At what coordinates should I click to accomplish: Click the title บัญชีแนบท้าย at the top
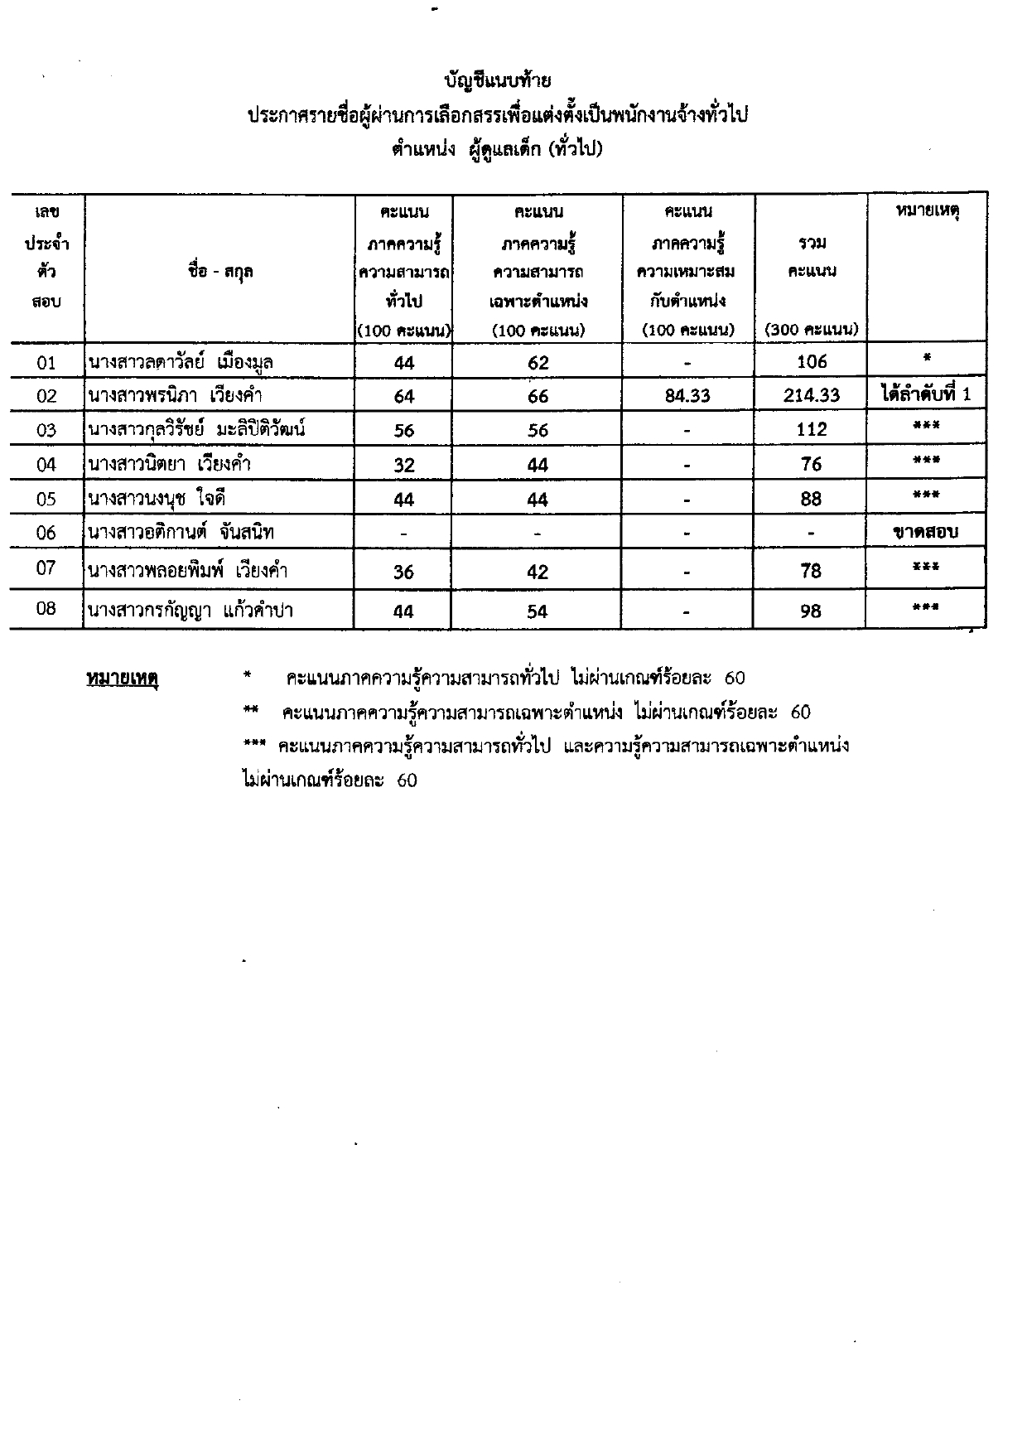pyautogui.click(x=497, y=80)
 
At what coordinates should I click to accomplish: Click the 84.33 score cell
pyautogui.click(x=687, y=396)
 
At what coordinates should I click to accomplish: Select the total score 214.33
pyautogui.click(x=812, y=396)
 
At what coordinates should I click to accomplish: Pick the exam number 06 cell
pyautogui.click(x=46, y=533)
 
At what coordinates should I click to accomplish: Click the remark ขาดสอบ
pyautogui.click(x=925, y=532)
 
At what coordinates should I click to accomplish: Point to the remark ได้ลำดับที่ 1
pyautogui.click(x=925, y=394)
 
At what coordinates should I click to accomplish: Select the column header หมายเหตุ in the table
pyautogui.click(x=927, y=211)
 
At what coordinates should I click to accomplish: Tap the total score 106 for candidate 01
pyautogui.click(x=812, y=361)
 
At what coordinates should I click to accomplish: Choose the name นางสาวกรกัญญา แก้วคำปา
pyautogui.click(x=190, y=611)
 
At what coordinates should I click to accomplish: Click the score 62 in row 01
pyautogui.click(x=538, y=362)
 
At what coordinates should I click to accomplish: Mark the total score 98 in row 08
pyautogui.click(x=811, y=611)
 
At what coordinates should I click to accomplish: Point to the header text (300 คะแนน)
pyautogui.click(x=812, y=329)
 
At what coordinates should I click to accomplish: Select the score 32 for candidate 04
pyautogui.click(x=403, y=465)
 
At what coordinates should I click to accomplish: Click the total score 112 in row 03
pyautogui.click(x=812, y=429)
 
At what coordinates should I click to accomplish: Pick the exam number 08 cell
pyautogui.click(x=46, y=609)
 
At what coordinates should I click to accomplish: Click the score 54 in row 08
pyautogui.click(x=538, y=611)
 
